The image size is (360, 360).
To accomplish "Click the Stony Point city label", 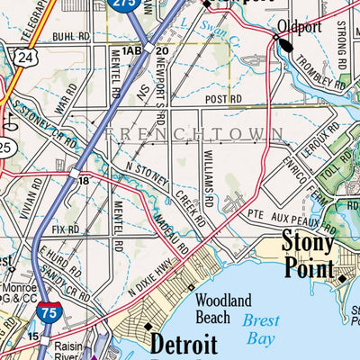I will tap(309, 255).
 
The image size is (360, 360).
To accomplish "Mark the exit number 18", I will tap(83, 181).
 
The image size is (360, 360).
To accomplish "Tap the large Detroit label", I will tap(184, 345).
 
